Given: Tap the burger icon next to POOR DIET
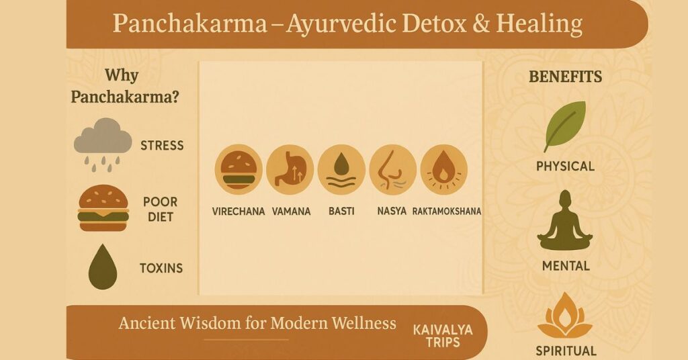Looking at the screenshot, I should point(103,209).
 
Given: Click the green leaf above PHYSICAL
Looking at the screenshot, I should point(564,125).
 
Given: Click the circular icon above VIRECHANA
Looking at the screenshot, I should point(239,169).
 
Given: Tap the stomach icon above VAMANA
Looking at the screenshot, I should point(290,169).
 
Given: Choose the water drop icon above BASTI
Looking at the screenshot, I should point(341,169).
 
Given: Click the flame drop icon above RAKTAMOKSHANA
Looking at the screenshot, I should point(443,169).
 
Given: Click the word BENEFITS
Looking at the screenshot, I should point(565,77).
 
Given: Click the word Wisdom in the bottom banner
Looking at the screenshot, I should point(210,323).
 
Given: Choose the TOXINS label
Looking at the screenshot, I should point(161,268).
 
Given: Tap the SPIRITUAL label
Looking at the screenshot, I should point(566,351).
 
